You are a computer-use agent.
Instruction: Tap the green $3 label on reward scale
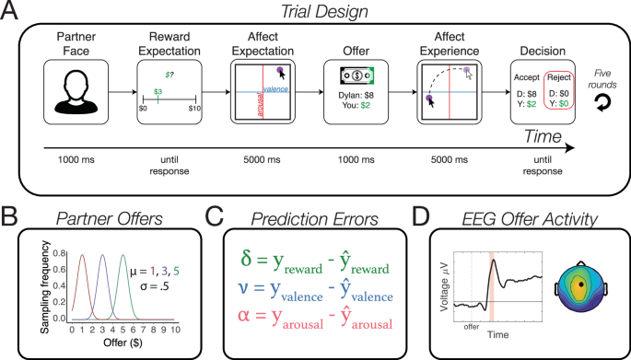[158, 92]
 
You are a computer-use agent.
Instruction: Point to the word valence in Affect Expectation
[275, 89]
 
